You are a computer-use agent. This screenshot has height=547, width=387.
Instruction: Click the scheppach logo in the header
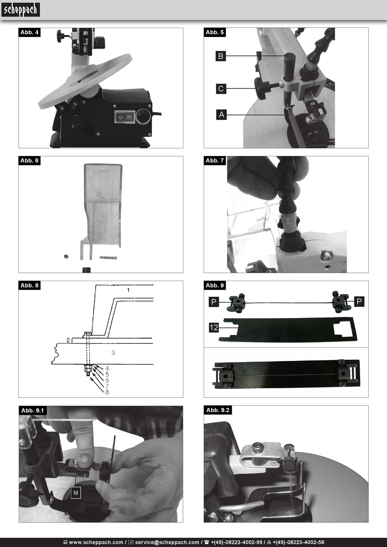click(21, 10)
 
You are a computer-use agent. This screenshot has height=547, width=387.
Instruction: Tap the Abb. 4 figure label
click(29, 32)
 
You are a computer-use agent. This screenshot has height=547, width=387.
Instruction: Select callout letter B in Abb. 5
click(221, 56)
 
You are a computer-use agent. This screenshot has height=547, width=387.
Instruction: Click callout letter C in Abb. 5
click(221, 89)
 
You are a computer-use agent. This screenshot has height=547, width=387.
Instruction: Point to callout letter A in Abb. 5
click(222, 114)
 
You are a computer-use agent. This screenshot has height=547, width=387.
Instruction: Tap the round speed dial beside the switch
click(143, 116)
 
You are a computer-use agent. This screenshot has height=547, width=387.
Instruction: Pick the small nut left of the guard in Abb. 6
click(66, 256)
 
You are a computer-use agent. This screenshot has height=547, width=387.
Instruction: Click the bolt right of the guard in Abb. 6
click(108, 257)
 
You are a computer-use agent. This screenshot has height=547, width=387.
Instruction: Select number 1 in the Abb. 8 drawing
click(128, 290)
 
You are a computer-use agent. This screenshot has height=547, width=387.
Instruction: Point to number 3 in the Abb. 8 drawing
click(113, 353)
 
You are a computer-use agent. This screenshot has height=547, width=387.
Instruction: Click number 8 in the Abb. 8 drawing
click(107, 392)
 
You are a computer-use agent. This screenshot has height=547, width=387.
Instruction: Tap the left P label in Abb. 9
click(214, 302)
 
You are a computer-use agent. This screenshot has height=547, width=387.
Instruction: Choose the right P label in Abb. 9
click(359, 301)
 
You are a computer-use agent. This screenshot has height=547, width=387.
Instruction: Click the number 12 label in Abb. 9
click(214, 327)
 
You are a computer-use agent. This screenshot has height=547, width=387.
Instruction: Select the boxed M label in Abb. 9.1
click(76, 493)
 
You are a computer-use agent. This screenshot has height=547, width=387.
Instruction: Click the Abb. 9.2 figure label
click(218, 410)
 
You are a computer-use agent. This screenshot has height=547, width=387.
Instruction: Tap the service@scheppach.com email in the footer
click(167, 543)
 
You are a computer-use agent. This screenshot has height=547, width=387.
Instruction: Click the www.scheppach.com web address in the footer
click(96, 543)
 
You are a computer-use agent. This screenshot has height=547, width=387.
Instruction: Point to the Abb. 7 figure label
click(215, 161)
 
